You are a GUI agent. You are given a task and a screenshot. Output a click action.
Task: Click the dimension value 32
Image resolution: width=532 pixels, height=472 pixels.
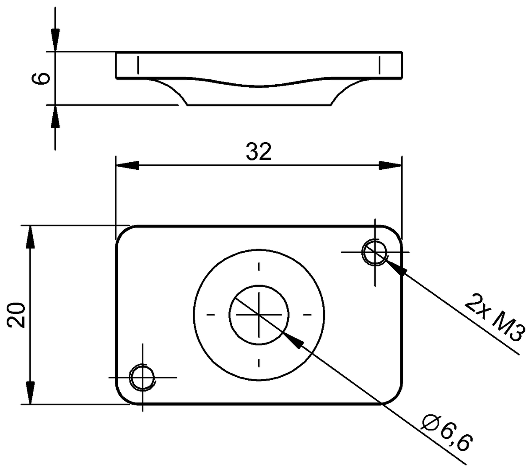click(x=258, y=152)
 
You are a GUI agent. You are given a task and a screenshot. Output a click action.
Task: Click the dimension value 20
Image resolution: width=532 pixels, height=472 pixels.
click(x=16, y=315)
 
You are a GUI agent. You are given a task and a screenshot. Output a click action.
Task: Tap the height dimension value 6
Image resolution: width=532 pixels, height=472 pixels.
click(x=41, y=78)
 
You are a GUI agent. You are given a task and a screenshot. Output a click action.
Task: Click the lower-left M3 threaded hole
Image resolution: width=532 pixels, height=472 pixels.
click(x=142, y=377)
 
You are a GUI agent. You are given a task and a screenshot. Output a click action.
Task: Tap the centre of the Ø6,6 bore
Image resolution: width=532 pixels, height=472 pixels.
click(x=259, y=314)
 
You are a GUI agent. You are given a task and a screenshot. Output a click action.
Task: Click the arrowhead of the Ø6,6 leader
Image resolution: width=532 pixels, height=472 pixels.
click(x=292, y=340)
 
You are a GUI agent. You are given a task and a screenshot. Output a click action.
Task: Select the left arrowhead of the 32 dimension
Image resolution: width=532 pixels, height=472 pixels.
click(x=126, y=166)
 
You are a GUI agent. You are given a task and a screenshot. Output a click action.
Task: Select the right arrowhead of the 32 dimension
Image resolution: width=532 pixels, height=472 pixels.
click(x=391, y=166)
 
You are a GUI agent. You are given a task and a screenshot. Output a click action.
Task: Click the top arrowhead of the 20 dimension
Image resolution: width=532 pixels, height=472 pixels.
click(x=30, y=237)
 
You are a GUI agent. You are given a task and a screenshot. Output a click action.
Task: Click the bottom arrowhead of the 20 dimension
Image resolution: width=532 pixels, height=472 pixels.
click(x=30, y=393)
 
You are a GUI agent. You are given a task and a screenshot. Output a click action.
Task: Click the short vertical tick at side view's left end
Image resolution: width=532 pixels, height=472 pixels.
click(x=138, y=65)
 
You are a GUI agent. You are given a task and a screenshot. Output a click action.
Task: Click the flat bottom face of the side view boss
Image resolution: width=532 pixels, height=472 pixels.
click(x=259, y=105)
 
